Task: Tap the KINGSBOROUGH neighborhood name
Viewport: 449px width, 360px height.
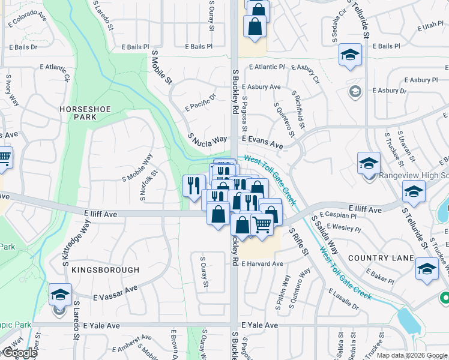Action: click(105, 270)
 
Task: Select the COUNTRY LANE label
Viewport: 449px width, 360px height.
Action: click(381, 258)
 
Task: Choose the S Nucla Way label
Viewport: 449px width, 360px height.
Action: click(208, 140)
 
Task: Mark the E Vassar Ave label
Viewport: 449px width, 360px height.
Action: click(115, 292)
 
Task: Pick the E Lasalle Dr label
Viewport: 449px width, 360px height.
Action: click(343, 299)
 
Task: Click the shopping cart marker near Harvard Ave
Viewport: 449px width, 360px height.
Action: click(262, 224)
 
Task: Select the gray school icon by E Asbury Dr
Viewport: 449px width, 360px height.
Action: click(355, 91)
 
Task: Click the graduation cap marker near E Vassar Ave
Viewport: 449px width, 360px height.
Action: click(60, 295)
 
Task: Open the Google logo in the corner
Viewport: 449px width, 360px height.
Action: click(19, 353)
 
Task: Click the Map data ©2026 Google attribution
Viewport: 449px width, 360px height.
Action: click(412, 355)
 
